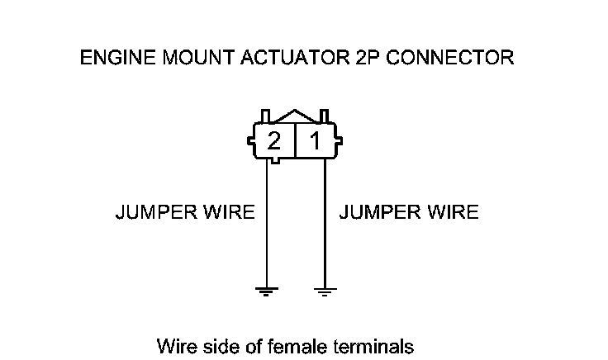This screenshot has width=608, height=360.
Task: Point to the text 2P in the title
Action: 360,58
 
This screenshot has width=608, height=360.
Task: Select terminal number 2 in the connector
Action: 274,141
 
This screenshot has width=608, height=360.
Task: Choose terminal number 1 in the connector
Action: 315,141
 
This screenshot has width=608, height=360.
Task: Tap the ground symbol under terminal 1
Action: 324,291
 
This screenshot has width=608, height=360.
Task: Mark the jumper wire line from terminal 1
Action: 324,223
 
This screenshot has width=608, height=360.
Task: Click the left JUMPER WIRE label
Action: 184,212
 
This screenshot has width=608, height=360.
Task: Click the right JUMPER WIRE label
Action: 409,212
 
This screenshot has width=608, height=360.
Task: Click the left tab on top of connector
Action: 265,115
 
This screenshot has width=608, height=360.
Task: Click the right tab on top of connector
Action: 325,115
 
